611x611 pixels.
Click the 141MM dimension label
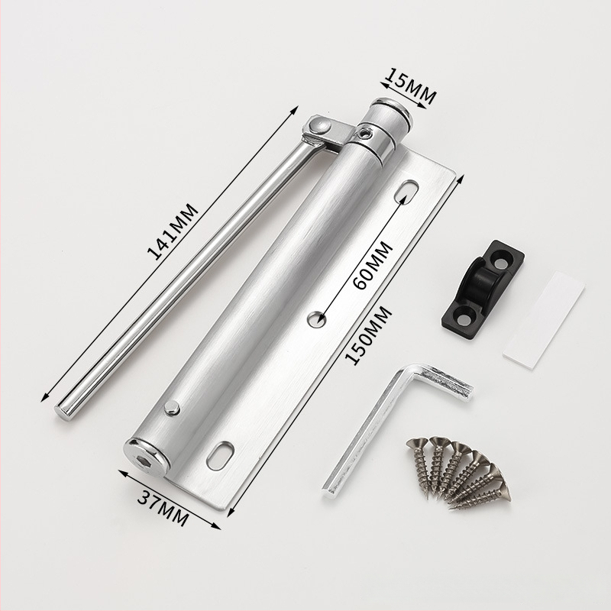click(x=173, y=231)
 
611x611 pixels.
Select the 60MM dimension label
click(x=373, y=265)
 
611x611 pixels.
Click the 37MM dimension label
click(x=163, y=508)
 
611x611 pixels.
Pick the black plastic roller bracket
click(x=483, y=283)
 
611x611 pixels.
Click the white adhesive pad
click(x=544, y=319)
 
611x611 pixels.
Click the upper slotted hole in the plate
click(x=407, y=191)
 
